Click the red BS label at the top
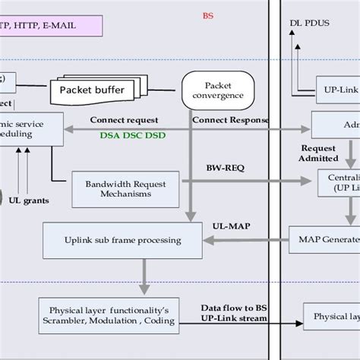coord(207,15)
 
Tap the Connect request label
coord(124,120)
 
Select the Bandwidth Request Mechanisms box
coord(125,188)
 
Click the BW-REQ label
coord(220,166)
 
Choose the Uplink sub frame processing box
coord(122,240)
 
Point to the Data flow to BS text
coord(234,306)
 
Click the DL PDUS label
coord(308,24)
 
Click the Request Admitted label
coord(319,153)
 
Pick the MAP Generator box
coord(327,240)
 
